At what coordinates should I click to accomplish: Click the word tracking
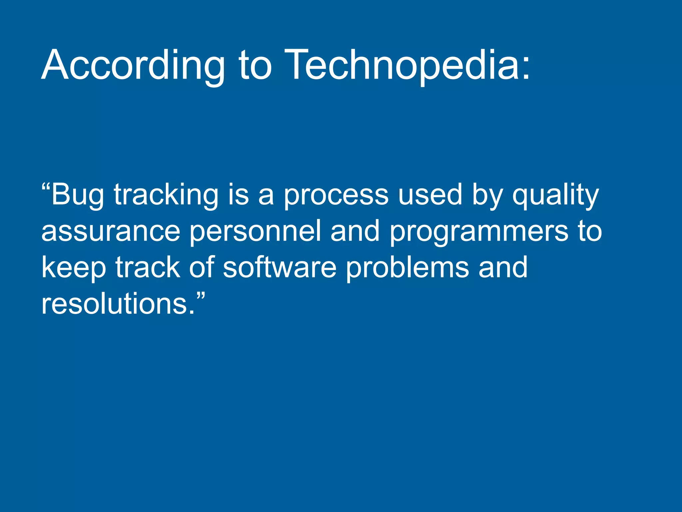(x=166, y=195)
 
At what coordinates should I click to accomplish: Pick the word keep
(x=74, y=268)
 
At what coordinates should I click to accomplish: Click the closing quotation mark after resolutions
(x=200, y=295)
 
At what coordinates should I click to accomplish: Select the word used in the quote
(x=430, y=195)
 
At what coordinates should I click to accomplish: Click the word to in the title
(x=255, y=65)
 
